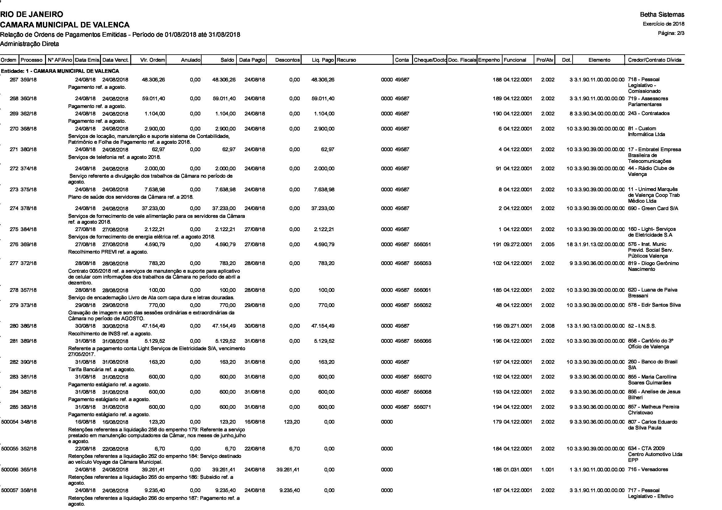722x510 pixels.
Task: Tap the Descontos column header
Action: pyautogui.click(x=287, y=60)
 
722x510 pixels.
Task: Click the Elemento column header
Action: pyautogui.click(x=599, y=60)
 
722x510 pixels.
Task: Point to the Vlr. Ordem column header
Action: pyautogui.click(x=152, y=60)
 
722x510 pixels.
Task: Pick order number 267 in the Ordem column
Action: pyautogui.click(x=14, y=80)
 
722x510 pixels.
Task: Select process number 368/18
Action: pyautogui.click(x=29, y=129)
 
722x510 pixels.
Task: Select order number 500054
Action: pyautogui.click(x=10, y=422)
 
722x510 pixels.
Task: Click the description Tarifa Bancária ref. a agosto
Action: pyautogui.click(x=102, y=370)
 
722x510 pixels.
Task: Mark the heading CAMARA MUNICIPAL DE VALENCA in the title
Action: pyautogui.click(x=65, y=25)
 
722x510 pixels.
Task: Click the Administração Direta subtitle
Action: pyautogui.click(x=30, y=44)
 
